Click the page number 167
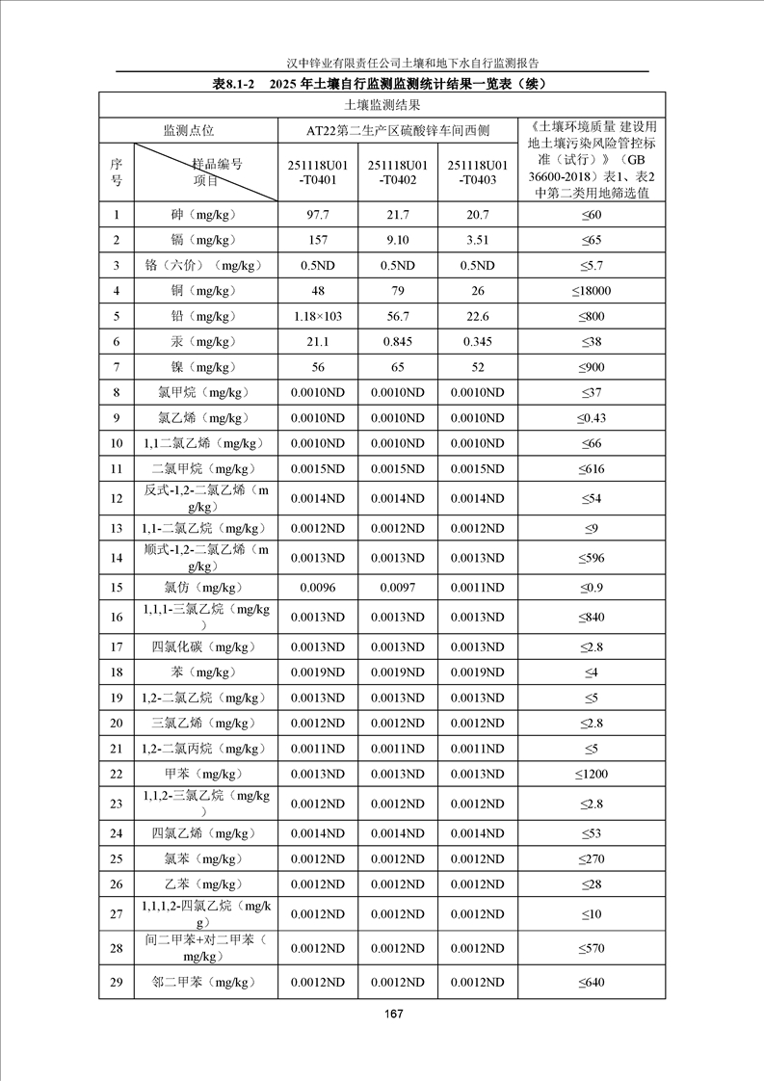coord(392,1014)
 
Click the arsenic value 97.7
coord(317,215)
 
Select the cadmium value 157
coord(317,240)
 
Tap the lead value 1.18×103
coord(317,316)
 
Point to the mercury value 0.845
coord(398,341)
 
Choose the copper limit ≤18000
coord(593,291)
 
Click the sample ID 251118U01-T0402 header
coord(398,171)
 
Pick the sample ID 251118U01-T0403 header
coord(477,171)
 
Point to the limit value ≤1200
coord(593,774)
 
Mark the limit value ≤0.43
coord(593,417)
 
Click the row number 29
coord(117,982)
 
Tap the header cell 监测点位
coord(188,130)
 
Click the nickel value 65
coord(398,367)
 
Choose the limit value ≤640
coord(593,982)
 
